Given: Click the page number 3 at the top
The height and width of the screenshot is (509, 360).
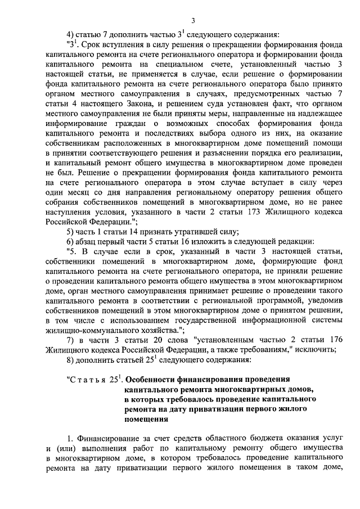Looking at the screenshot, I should coord(192,21).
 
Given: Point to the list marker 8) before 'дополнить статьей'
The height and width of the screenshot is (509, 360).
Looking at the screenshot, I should coord(71,359).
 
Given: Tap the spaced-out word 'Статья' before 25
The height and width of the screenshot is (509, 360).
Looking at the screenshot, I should coord(88,379).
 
